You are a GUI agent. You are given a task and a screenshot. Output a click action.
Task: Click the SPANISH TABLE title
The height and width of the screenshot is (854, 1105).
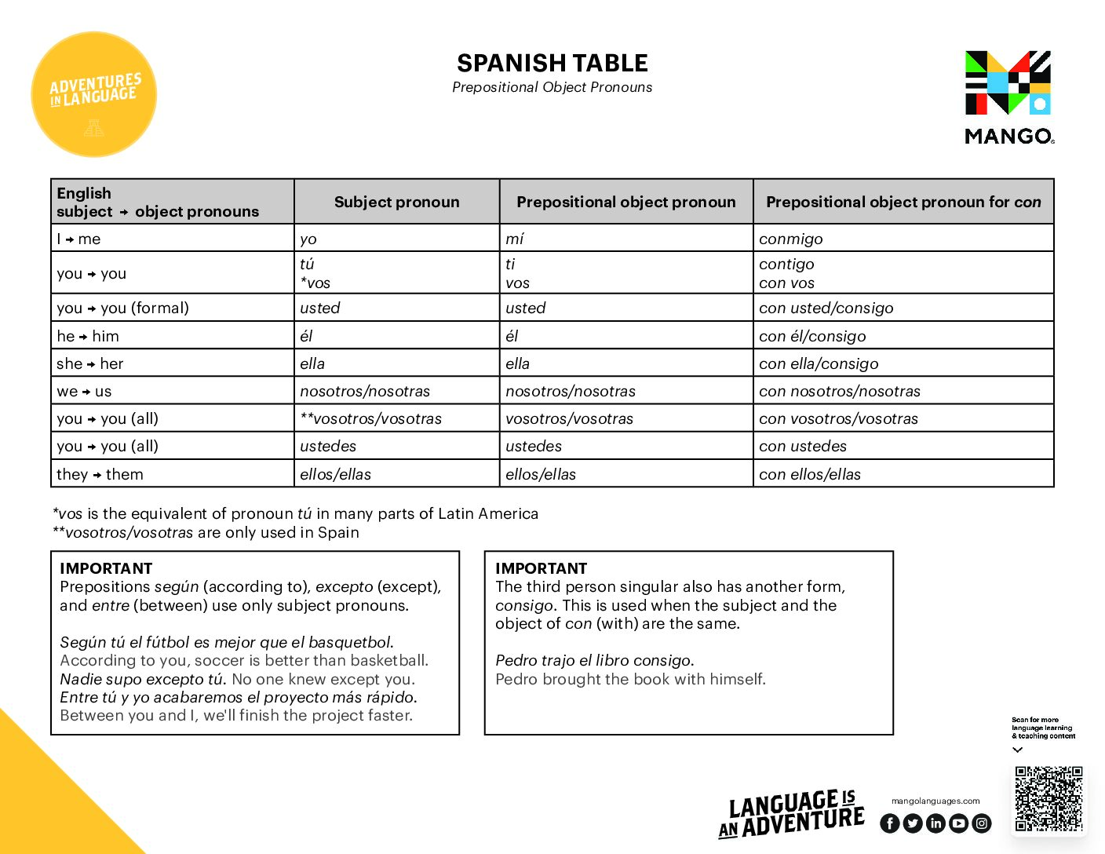(x=552, y=63)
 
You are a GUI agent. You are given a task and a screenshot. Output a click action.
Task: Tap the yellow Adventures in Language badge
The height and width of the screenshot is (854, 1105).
(x=94, y=94)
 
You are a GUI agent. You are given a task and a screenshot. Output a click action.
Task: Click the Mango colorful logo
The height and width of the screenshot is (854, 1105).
(x=1008, y=83)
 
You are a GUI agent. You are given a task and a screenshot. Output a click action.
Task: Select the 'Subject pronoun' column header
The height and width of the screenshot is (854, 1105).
(x=396, y=202)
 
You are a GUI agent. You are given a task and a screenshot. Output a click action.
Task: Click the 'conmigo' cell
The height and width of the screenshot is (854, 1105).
(x=791, y=239)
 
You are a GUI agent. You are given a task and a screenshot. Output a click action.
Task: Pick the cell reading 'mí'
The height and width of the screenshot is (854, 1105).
(x=515, y=239)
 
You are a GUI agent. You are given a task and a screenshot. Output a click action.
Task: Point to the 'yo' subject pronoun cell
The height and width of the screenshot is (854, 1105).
(x=308, y=239)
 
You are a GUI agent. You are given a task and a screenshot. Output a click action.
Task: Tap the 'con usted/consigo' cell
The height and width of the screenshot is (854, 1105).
(x=826, y=308)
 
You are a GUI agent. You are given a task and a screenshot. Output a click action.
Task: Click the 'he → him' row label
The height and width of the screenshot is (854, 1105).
(x=88, y=336)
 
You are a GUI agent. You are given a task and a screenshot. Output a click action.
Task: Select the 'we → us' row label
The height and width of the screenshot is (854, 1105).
(x=84, y=391)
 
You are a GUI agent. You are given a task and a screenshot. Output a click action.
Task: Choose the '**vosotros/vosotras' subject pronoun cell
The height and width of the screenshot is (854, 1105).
(x=370, y=418)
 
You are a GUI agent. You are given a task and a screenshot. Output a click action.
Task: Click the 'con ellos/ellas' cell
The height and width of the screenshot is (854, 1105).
(x=809, y=474)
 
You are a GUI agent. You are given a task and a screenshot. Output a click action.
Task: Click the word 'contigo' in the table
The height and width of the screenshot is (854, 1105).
(x=786, y=264)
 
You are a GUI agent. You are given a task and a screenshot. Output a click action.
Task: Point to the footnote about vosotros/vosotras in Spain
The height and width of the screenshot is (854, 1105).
(x=206, y=532)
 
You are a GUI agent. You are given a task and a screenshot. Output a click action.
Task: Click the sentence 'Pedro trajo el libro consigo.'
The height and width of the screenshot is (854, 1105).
(x=594, y=660)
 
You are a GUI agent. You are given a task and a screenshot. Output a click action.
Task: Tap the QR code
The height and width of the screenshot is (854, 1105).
(x=1048, y=798)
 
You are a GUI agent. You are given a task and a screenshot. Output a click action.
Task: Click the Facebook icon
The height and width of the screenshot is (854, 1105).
(x=889, y=823)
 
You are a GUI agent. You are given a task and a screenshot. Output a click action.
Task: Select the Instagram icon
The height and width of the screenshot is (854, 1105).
(x=982, y=823)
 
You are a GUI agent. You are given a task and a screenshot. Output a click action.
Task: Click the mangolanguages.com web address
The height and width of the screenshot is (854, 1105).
(x=935, y=801)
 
